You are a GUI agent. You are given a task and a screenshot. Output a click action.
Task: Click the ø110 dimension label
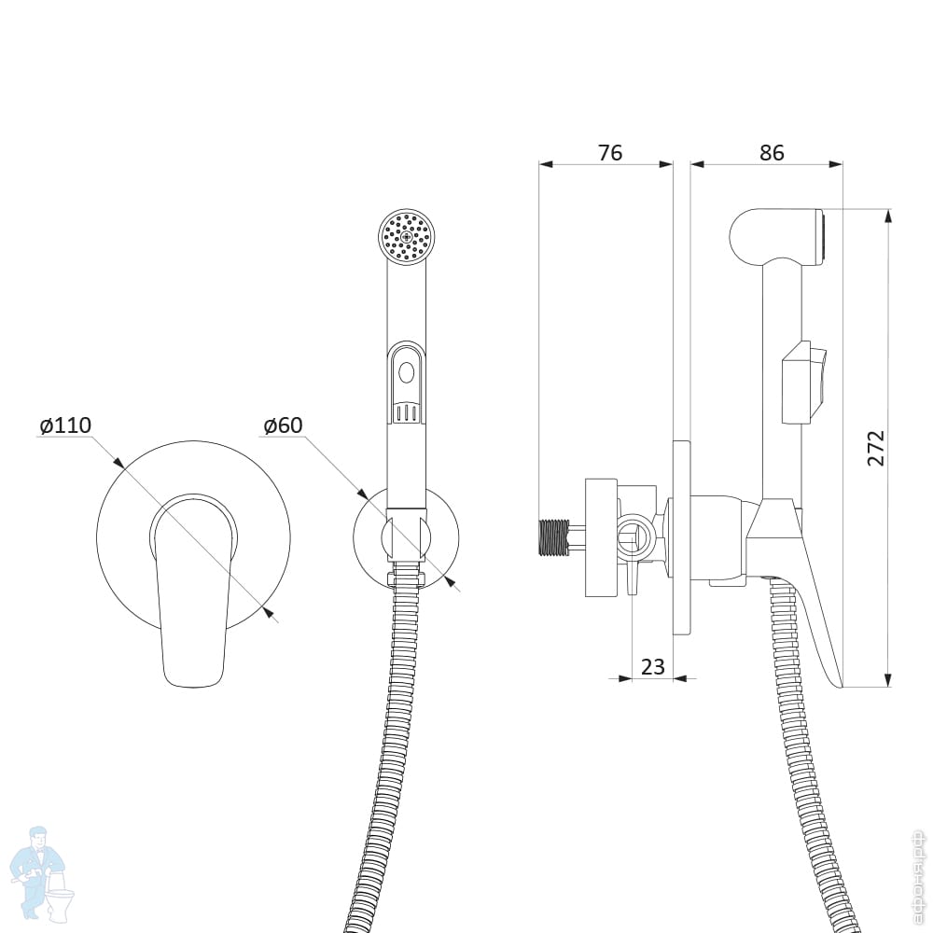(x=65, y=425)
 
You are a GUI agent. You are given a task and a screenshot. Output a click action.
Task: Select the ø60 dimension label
(x=284, y=425)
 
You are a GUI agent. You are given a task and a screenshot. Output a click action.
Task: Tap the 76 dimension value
(x=610, y=153)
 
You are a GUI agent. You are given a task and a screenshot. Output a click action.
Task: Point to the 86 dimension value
(x=772, y=153)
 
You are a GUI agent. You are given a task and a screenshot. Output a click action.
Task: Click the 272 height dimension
(x=876, y=448)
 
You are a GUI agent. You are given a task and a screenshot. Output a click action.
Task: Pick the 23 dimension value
(x=653, y=666)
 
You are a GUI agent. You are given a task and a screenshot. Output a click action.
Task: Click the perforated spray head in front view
(x=407, y=236)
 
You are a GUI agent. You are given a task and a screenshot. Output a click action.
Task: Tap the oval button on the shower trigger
(x=407, y=373)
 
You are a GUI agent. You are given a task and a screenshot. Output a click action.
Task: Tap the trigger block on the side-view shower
(x=802, y=383)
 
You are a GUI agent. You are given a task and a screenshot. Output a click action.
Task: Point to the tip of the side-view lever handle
(x=839, y=685)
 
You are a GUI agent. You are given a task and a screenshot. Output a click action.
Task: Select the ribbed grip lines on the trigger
(x=407, y=413)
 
